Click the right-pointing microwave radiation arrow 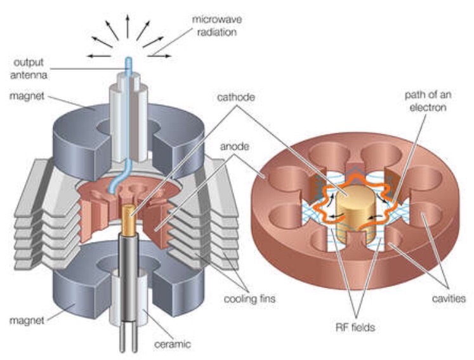162,57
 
